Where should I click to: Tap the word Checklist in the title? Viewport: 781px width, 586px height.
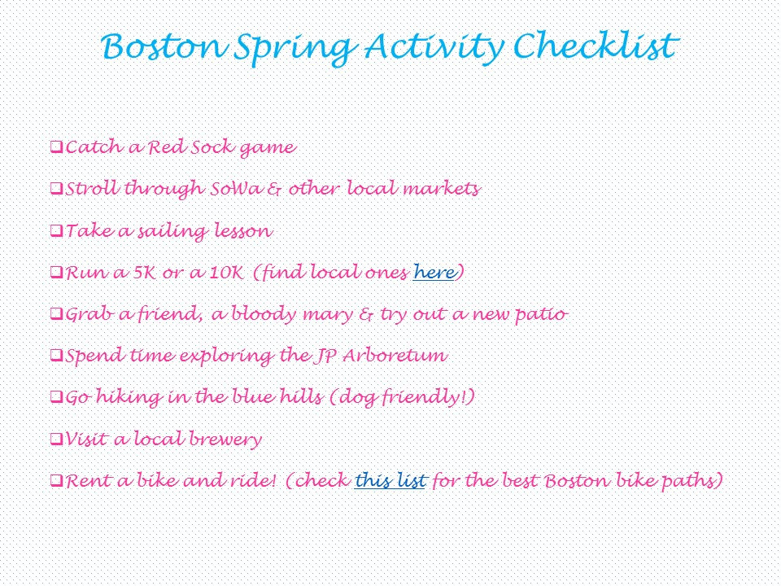click(596, 46)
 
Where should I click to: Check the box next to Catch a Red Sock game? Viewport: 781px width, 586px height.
click(56, 147)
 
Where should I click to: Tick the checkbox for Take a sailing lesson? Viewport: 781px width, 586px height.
click(56, 230)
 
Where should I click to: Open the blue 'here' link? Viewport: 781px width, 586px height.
click(434, 272)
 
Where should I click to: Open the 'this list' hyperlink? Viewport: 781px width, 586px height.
click(390, 480)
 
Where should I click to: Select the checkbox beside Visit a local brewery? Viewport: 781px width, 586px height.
click(56, 439)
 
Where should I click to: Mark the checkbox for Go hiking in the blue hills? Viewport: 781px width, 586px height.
click(56, 397)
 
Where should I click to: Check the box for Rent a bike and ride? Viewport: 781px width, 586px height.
click(56, 481)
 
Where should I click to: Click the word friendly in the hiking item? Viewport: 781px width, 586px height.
click(423, 398)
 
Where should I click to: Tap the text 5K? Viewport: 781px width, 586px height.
click(145, 273)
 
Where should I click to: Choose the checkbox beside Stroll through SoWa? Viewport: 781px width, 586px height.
click(56, 189)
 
